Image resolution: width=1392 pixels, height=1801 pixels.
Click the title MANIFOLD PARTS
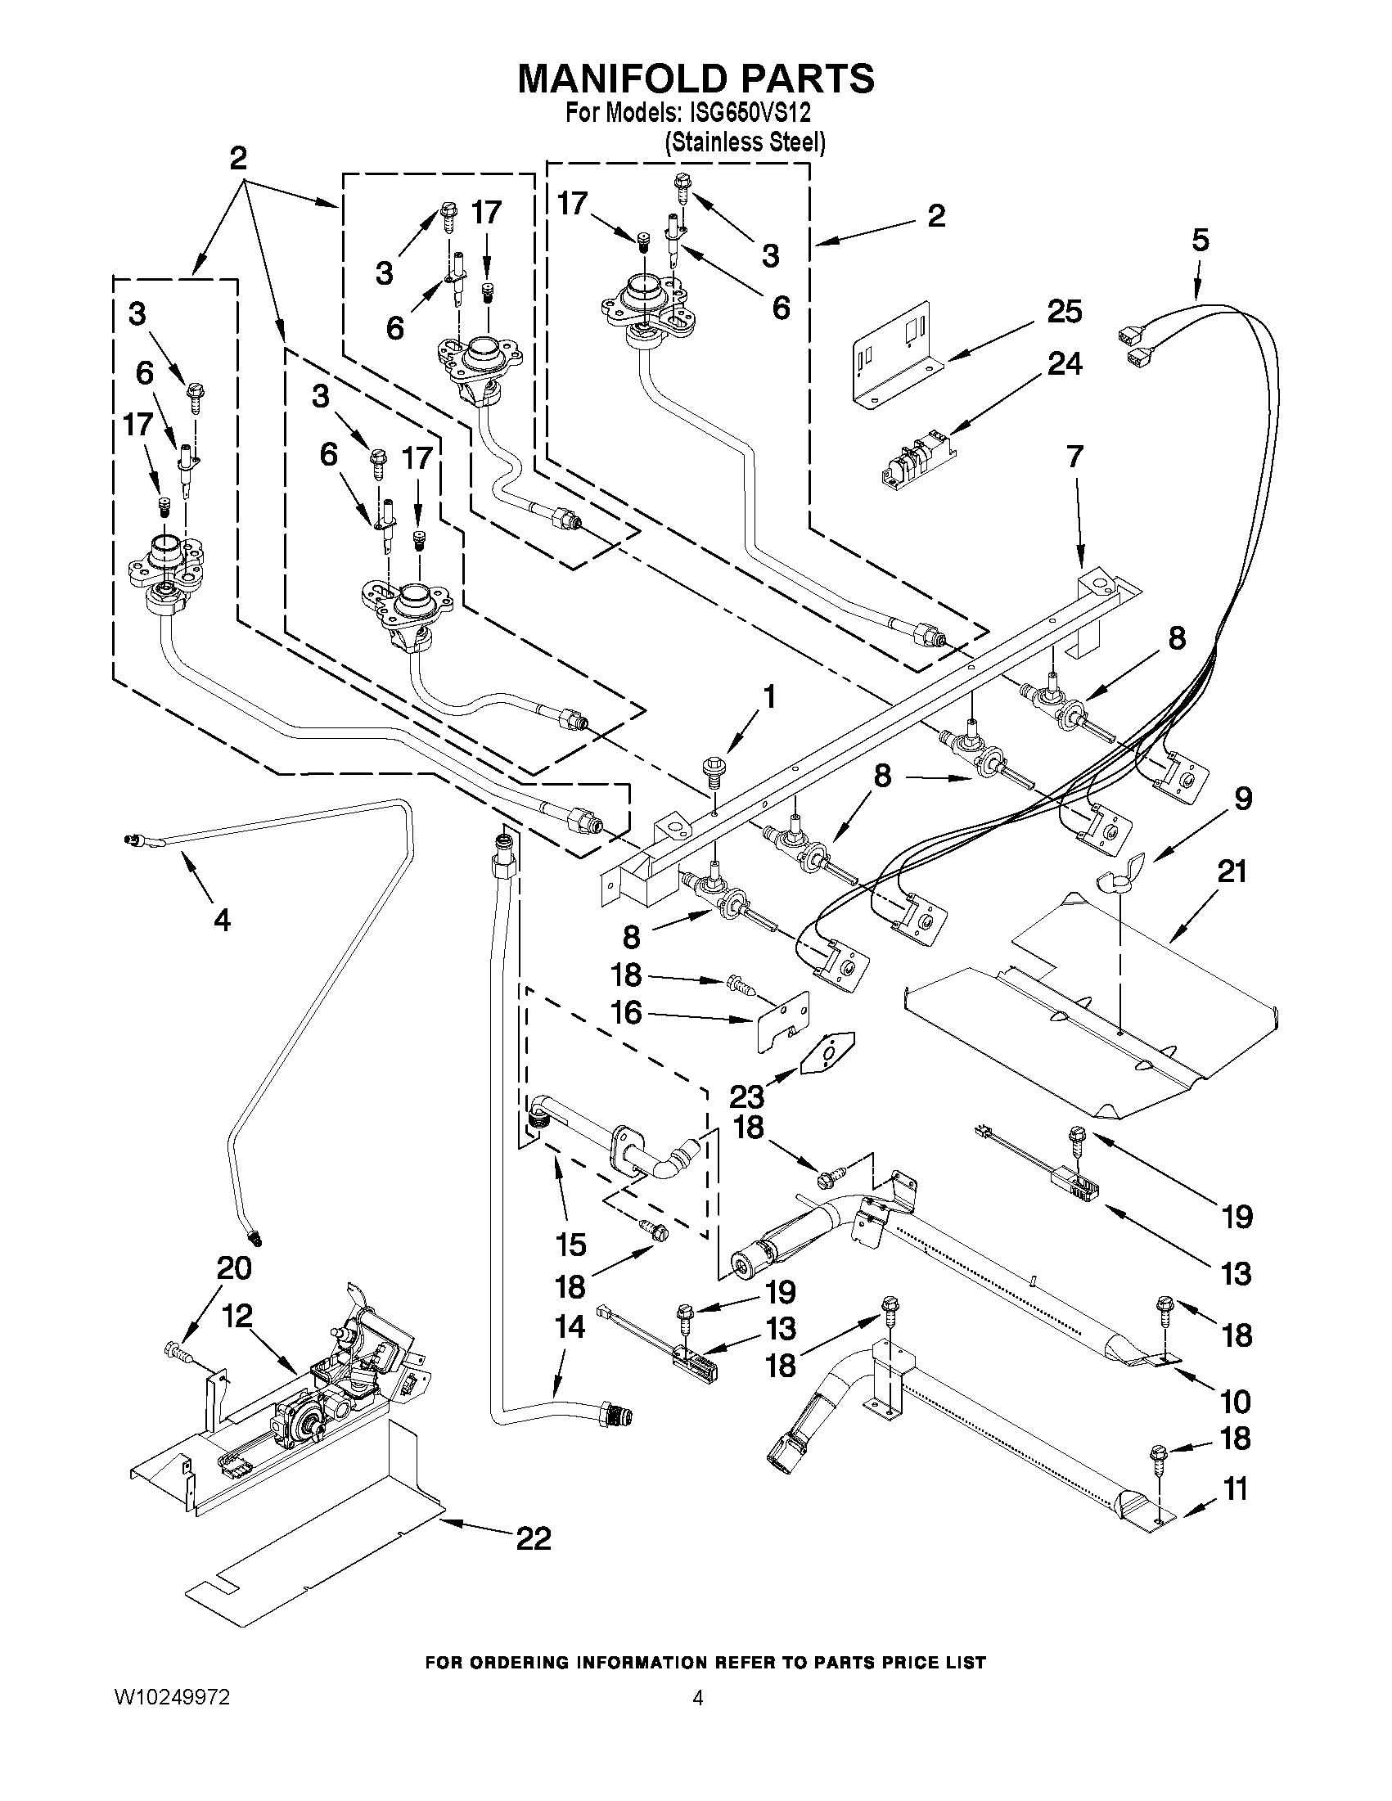[x=695, y=79]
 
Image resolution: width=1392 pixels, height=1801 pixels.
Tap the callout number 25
[x=1064, y=312]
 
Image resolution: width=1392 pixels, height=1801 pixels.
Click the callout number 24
[x=1064, y=363]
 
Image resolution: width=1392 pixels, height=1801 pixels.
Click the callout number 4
[x=222, y=920]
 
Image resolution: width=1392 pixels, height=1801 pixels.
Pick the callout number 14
[x=570, y=1327]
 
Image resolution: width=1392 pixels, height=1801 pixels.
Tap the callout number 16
[x=626, y=1012]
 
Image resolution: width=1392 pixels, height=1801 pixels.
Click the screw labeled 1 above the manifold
[x=712, y=768]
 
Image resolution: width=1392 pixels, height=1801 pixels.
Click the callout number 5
[x=1200, y=240]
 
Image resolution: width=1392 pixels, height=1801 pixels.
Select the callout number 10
[x=1236, y=1401]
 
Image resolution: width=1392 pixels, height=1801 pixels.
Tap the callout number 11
[x=1234, y=1489]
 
